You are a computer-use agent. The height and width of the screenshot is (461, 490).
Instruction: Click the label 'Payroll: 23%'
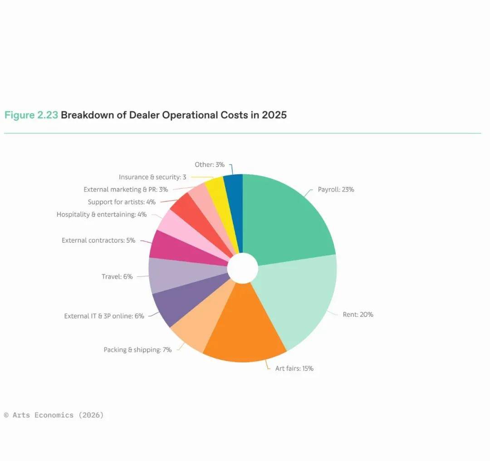(x=336, y=190)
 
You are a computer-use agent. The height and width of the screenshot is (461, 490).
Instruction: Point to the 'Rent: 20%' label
(x=358, y=314)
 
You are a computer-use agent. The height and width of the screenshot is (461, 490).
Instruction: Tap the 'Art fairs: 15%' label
(x=294, y=368)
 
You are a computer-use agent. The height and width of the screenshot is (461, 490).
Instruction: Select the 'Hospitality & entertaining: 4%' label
(x=102, y=215)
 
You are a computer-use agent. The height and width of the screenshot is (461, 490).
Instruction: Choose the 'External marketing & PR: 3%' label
(x=126, y=190)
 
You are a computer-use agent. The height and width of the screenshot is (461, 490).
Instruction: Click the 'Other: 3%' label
(x=209, y=165)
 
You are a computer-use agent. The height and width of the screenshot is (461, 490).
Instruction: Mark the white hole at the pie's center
(x=242, y=268)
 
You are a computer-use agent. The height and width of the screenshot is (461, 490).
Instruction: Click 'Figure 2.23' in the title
(x=31, y=115)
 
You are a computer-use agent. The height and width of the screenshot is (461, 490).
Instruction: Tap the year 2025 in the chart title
(x=274, y=115)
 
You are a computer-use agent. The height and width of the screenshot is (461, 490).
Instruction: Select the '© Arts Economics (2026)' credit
(x=54, y=415)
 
